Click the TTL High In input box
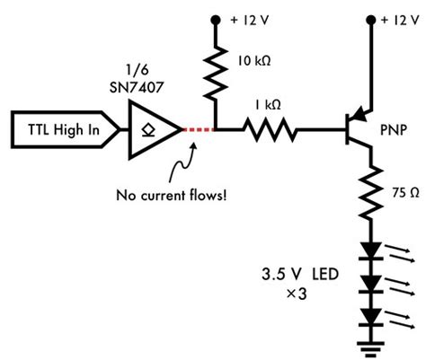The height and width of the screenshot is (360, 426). (62, 130)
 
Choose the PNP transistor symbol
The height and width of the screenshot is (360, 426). (359, 129)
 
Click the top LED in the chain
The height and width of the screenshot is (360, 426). (368, 254)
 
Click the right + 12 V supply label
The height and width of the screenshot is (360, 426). (402, 19)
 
